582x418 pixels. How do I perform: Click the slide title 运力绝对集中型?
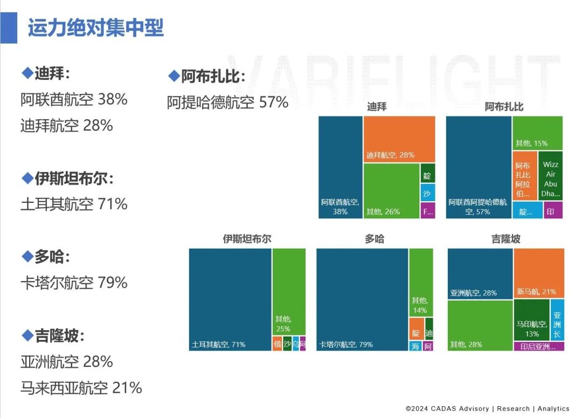(95, 28)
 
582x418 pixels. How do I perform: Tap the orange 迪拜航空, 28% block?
(399, 139)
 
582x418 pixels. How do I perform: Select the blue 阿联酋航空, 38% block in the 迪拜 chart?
(340, 167)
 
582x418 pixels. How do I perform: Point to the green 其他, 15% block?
(537, 133)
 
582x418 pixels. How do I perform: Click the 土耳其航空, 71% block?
(230, 299)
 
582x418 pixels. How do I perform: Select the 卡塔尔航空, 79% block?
(362, 299)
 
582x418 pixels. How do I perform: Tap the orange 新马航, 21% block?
(538, 273)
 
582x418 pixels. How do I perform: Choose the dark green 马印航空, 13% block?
(531, 320)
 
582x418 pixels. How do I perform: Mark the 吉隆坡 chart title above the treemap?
(505, 239)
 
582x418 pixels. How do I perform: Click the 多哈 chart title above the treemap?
(374, 239)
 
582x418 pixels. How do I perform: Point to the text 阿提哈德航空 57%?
(227, 102)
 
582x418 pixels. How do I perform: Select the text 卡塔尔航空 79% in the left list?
(74, 283)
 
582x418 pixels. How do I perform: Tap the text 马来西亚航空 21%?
(81, 387)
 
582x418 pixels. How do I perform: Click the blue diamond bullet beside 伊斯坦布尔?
(27, 177)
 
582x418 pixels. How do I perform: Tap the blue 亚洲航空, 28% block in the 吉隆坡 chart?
(480, 273)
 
